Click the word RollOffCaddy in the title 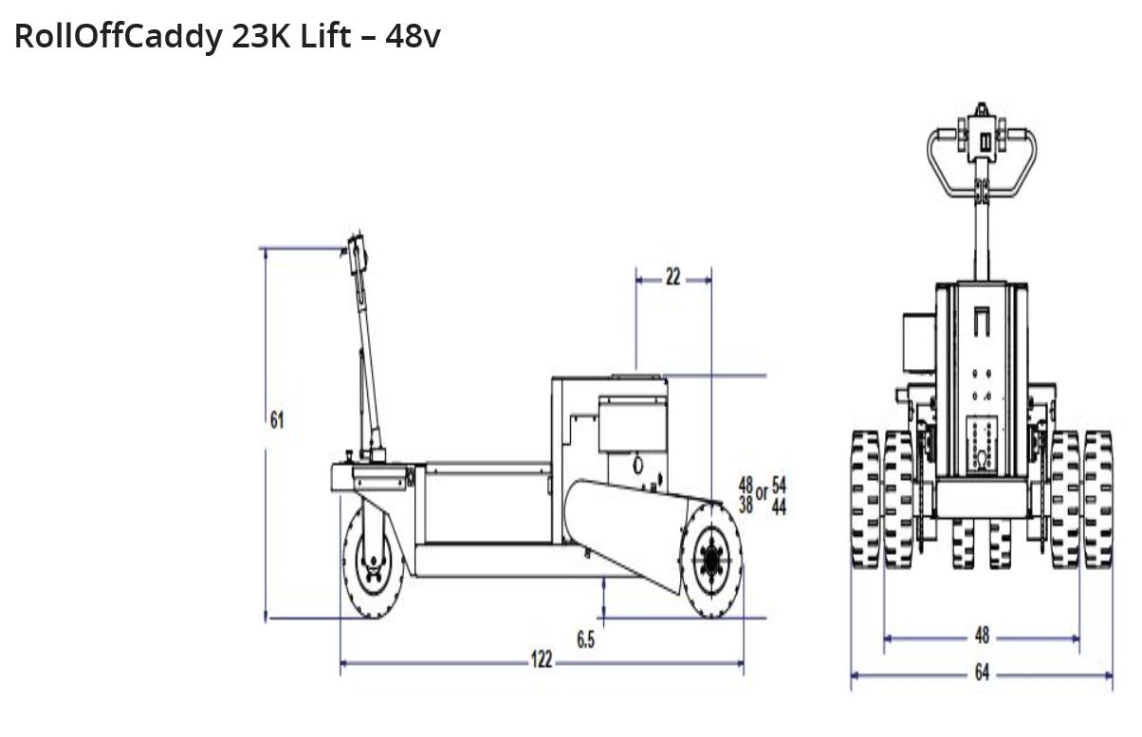pyautogui.click(x=119, y=37)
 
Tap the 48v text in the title pyautogui.click(x=413, y=36)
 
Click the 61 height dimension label pyautogui.click(x=277, y=420)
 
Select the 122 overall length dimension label pyautogui.click(x=542, y=659)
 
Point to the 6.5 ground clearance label pyautogui.click(x=586, y=639)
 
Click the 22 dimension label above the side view pyautogui.click(x=673, y=277)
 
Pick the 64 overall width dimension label pyautogui.click(x=982, y=673)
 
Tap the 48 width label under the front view pyautogui.click(x=982, y=636)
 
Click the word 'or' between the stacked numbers pyautogui.click(x=762, y=493)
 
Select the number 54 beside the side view pyautogui.click(x=779, y=485)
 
